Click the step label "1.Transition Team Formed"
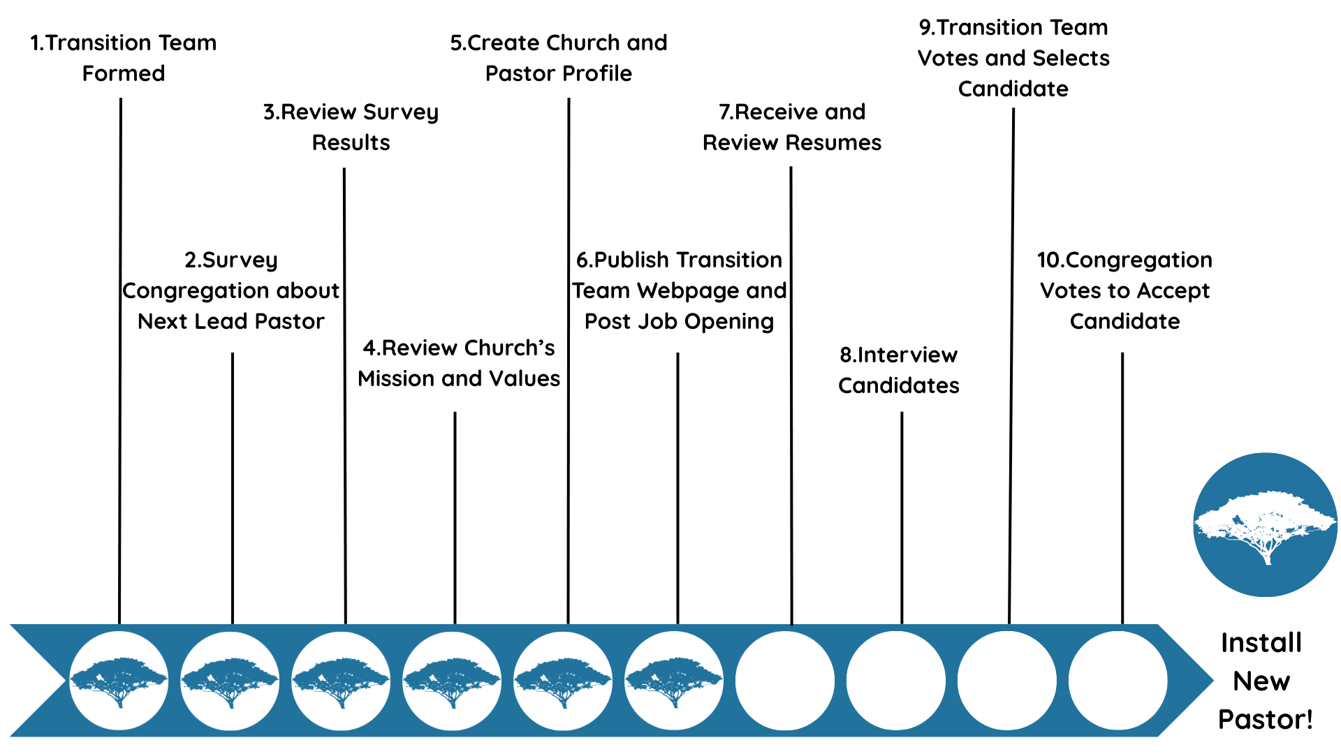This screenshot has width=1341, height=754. tap(124, 58)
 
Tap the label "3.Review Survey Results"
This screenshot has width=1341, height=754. tap(351, 127)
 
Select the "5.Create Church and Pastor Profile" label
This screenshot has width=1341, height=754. tap(559, 58)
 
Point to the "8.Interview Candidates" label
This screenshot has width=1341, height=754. tap(899, 370)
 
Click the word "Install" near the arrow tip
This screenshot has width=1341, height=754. tap(1261, 642)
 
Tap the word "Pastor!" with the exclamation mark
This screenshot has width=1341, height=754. tap(1266, 719)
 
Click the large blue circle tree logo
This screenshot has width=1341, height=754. tap(1265, 525)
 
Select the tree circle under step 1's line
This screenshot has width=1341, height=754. tap(119, 681)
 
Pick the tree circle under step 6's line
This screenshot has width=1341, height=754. tap(674, 681)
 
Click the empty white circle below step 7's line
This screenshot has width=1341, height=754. tap(785, 681)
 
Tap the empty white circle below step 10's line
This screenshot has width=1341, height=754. tap(1118, 681)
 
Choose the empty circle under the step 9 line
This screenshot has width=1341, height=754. tap(1007, 681)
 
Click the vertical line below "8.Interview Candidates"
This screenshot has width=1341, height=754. tap(902, 517)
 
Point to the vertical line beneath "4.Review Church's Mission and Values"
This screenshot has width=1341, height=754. tap(455, 517)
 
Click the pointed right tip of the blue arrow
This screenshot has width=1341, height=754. tap(1213, 680)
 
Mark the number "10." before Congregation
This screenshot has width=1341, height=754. tap(1050, 260)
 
